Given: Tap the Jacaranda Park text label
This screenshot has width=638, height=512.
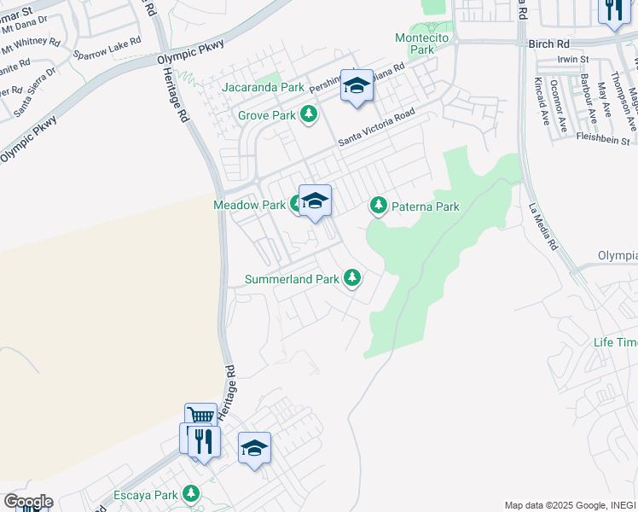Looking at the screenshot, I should [263, 87].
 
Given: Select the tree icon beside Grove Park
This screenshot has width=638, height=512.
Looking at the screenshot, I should [309, 114].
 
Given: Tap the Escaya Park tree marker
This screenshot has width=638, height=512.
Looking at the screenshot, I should [190, 494].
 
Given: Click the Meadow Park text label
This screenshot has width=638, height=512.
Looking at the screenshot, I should [249, 205].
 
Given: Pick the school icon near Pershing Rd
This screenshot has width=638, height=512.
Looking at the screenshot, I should [357, 85].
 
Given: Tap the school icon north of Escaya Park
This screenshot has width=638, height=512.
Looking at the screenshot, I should [254, 449].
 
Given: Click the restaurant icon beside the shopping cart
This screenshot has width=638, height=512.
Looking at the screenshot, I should [203, 441].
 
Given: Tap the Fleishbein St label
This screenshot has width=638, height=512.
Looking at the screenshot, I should [602, 138].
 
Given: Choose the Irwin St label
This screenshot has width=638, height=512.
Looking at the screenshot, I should [568, 59].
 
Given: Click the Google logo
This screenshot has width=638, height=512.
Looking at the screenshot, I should [27, 502].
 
